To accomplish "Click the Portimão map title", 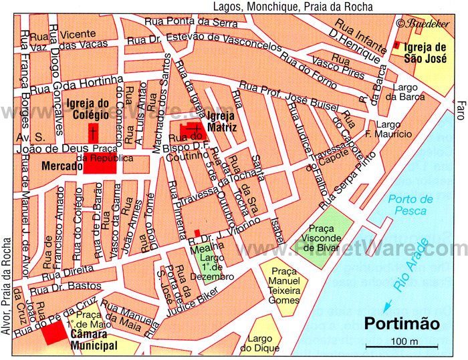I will coord(401,323).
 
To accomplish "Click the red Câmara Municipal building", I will coord(51,333).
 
